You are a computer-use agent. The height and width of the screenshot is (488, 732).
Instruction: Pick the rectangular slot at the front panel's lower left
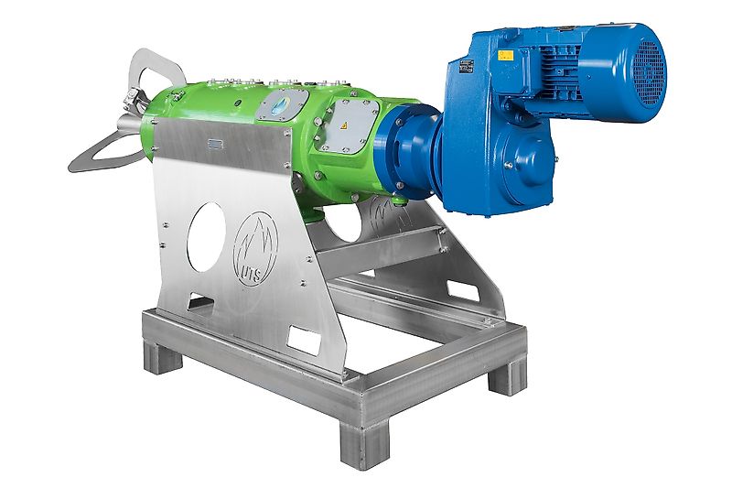[202, 302]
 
